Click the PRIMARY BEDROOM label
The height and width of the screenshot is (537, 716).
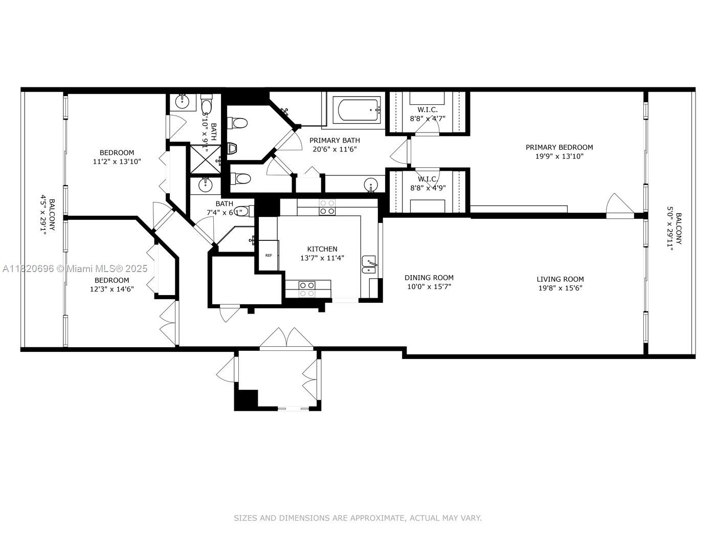[x=559, y=147]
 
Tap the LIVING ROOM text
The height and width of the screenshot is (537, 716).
[x=560, y=279]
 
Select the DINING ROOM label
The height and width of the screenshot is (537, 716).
[x=429, y=278]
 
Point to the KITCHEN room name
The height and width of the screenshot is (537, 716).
[x=322, y=249]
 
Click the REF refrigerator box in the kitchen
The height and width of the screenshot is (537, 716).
[x=268, y=255]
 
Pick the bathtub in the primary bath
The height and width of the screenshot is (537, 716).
[x=356, y=110]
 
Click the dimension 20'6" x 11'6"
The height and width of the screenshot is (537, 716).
[x=334, y=149]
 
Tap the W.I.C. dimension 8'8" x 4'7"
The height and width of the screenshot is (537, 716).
[x=428, y=118]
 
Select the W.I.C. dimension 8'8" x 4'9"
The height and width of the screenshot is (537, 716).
[x=428, y=188]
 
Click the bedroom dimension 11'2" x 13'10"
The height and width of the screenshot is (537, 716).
[x=117, y=161]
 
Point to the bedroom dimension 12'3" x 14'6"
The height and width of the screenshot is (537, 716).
[x=111, y=289]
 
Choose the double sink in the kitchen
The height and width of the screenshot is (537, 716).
[x=369, y=264]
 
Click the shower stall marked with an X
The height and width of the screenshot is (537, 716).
[x=205, y=161]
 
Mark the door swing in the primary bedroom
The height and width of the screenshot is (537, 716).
[x=618, y=206]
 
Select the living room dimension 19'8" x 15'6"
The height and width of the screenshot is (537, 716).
[x=560, y=288]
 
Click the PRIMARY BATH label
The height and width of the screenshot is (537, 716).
[x=334, y=140]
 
